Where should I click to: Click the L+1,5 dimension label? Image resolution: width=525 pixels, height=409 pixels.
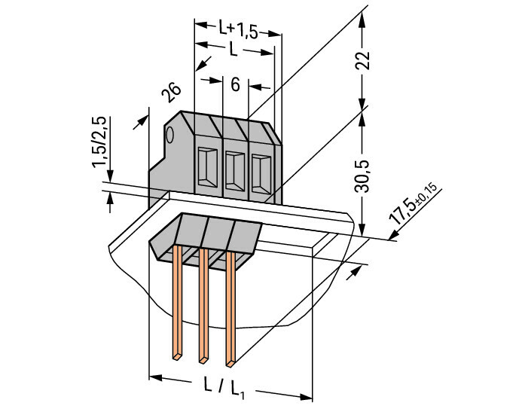[x=238, y=29]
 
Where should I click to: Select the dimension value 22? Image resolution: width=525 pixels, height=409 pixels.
[x=362, y=60]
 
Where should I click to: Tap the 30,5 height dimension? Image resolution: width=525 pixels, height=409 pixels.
[x=362, y=176]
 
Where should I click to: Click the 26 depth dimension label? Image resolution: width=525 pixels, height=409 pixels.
[x=171, y=92]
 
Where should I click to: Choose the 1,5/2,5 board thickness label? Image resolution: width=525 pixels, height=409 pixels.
[x=99, y=142]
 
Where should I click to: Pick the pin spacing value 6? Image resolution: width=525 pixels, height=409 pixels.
[x=235, y=85]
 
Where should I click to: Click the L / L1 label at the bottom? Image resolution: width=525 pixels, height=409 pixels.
[x=224, y=388]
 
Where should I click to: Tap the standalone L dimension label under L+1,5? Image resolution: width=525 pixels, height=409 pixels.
[x=234, y=49]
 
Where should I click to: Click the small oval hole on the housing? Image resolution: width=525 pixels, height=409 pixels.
[x=169, y=135]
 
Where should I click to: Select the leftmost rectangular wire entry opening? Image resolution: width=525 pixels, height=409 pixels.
[x=208, y=166]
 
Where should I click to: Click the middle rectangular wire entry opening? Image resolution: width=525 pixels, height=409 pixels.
[x=235, y=172]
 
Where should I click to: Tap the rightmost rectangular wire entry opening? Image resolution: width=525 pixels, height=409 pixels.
[x=261, y=174]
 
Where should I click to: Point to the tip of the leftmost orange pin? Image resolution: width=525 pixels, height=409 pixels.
[x=177, y=358]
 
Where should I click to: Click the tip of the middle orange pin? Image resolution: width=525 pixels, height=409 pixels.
[x=203, y=361]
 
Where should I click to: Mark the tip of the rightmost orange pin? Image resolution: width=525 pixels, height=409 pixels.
[x=230, y=364]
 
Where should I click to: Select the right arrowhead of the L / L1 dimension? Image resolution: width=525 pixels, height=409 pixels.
[x=306, y=397]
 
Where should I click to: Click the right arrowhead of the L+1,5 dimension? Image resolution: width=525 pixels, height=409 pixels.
[x=275, y=34]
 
